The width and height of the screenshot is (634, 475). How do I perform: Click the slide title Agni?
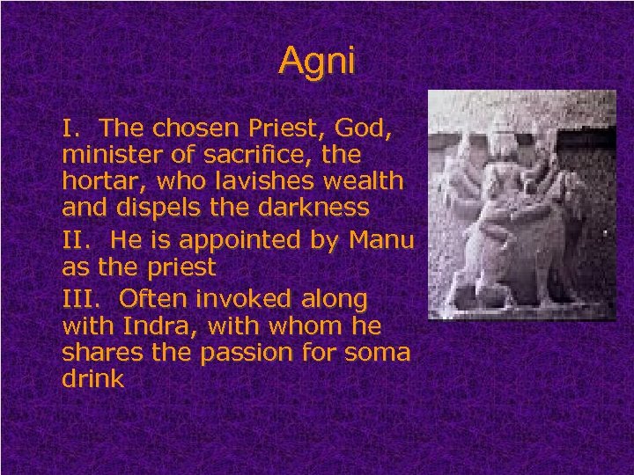[317, 61]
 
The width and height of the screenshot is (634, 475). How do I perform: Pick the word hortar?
[100, 183]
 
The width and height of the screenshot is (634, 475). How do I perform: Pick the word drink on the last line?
[93, 380]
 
